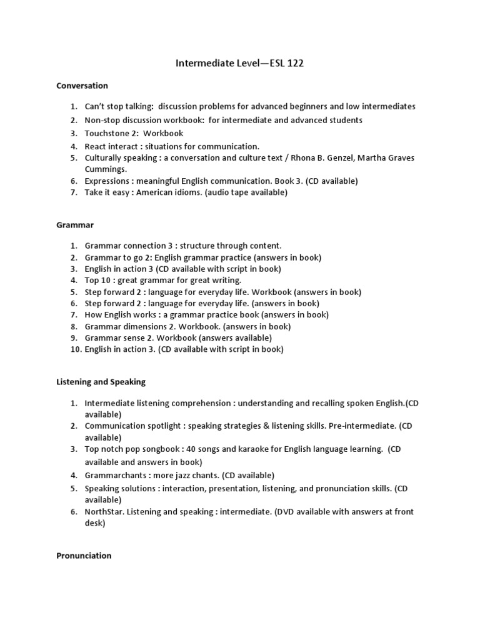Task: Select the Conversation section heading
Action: coord(82,86)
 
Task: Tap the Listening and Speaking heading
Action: coord(101,381)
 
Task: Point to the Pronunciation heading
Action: coord(84,555)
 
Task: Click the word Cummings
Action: coord(106,169)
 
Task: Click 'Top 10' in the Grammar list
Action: coord(97,281)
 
